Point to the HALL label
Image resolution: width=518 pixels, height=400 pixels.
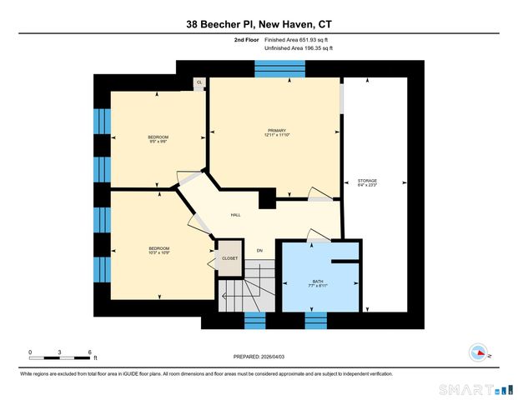tap(236, 215)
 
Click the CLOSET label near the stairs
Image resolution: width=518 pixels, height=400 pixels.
tap(229, 258)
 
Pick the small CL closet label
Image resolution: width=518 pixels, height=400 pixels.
tap(199, 82)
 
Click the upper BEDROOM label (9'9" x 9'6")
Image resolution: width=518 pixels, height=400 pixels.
tap(158, 138)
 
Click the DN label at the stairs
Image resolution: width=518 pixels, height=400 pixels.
tap(259, 251)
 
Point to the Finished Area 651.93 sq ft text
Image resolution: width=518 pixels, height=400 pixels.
tap(299, 39)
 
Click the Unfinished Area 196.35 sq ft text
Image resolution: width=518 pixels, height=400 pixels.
tap(298, 48)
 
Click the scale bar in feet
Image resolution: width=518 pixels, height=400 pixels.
tap(59, 356)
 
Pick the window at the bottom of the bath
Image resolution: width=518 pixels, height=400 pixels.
tap(316, 322)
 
